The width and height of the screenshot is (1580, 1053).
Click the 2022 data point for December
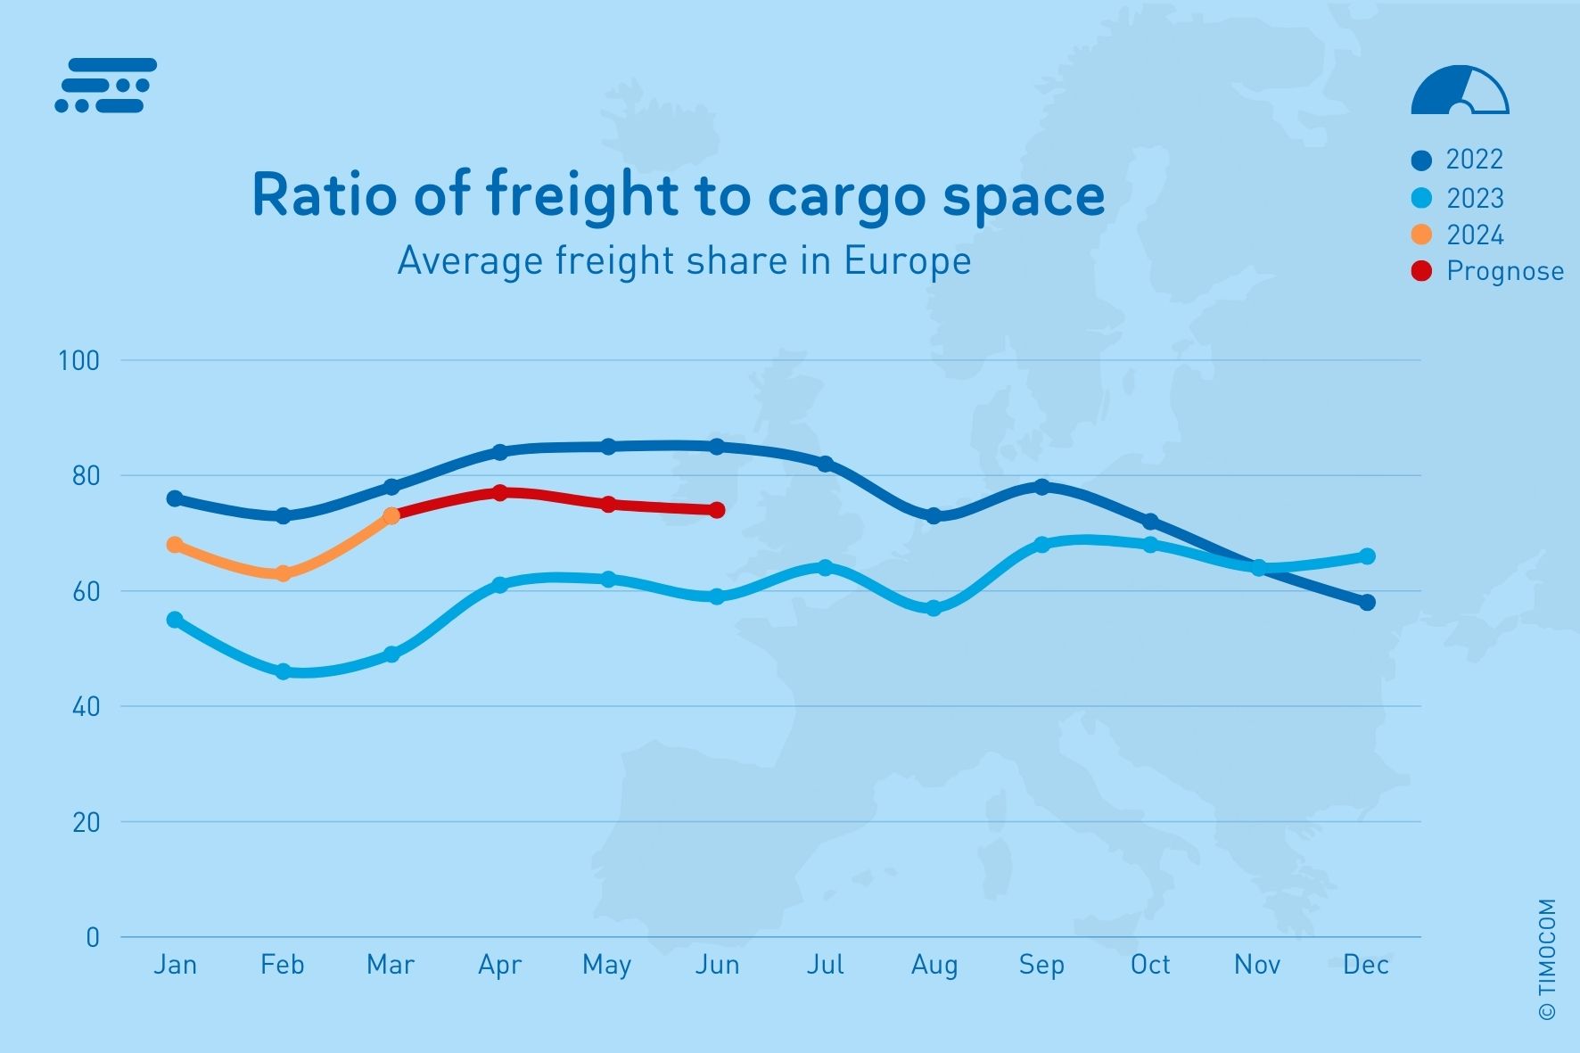1367,603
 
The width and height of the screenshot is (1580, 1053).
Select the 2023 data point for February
284,671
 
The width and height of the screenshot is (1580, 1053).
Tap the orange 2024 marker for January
175,545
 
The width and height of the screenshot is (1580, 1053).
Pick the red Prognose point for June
717,510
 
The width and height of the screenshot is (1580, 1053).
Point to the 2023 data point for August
934,608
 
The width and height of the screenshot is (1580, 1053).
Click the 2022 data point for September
1041,487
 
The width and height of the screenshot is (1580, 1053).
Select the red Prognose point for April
499,493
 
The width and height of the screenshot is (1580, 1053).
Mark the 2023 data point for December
1367,556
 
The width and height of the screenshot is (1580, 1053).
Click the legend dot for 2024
1421,234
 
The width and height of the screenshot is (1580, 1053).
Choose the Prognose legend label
1504,271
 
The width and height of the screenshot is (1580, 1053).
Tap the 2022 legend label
1474,160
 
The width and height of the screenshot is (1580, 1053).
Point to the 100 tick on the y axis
78,361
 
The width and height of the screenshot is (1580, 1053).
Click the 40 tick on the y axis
86,707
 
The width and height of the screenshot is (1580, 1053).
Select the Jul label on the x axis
825,965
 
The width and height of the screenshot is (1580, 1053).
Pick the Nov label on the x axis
1257,965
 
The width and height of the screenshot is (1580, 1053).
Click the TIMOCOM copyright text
1547,959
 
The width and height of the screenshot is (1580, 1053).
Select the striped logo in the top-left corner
106,86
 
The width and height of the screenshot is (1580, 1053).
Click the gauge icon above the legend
1460,90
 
